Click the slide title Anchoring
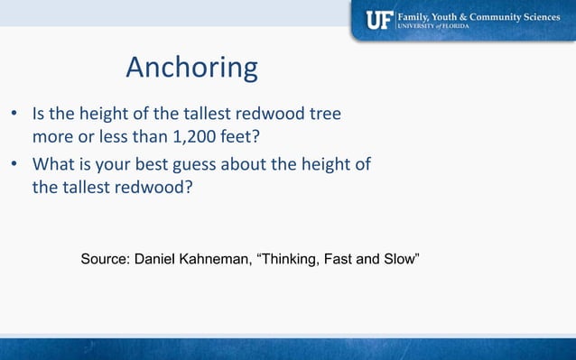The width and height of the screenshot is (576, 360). point(191,68)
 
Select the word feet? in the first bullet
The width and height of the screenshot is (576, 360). point(246,139)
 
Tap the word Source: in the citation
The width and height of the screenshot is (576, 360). point(106,259)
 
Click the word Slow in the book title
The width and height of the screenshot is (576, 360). point(399,259)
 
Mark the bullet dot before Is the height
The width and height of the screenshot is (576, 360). point(14,116)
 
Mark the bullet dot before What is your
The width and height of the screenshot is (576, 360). point(14,165)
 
